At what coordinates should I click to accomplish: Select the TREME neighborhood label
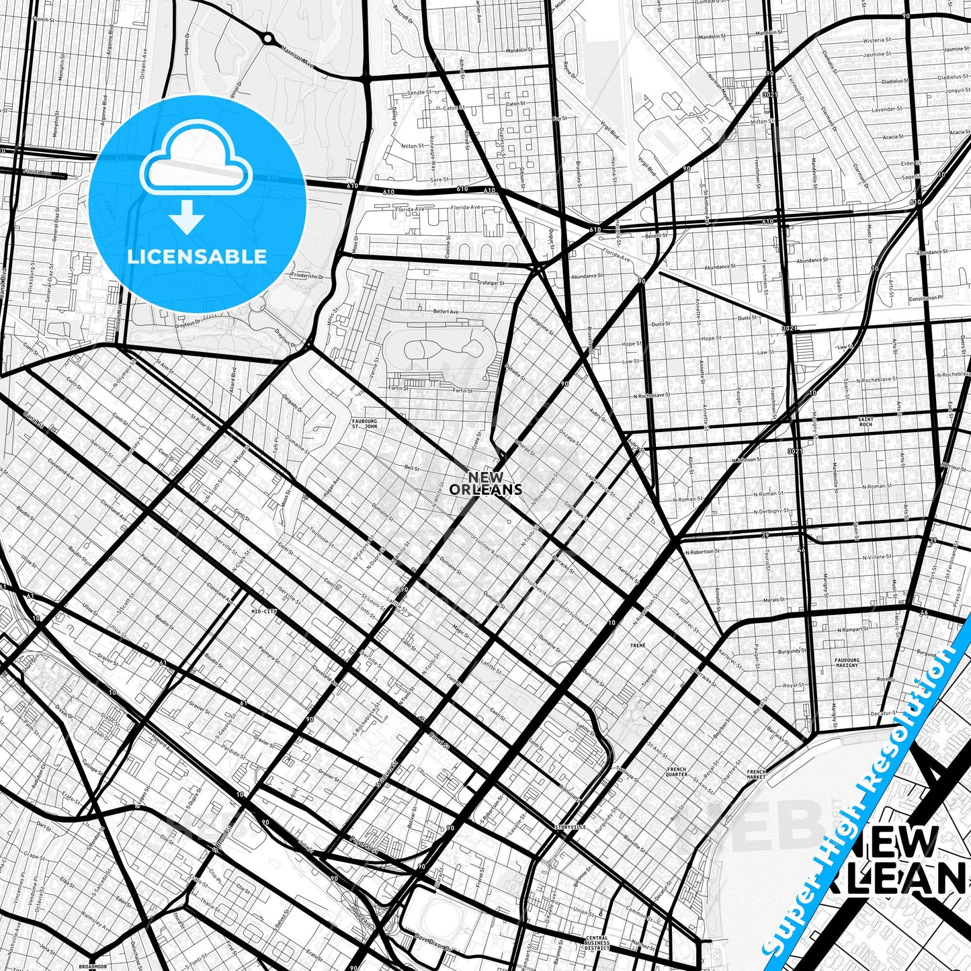click(638, 645)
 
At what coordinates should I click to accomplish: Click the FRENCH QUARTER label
click(677, 771)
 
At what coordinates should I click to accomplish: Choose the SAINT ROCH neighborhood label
click(866, 422)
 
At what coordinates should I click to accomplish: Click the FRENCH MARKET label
click(757, 775)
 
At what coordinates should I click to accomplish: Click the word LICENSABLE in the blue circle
click(197, 257)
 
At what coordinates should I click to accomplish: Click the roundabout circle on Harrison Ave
click(267, 39)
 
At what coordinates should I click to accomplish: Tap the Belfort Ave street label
click(446, 312)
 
